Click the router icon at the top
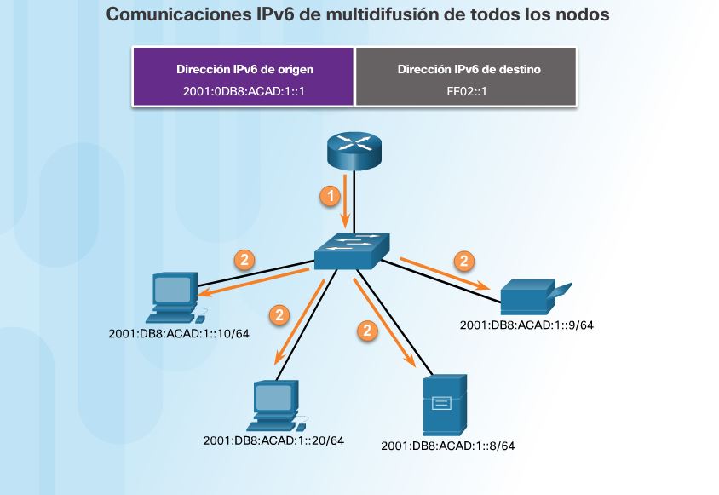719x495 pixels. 354,152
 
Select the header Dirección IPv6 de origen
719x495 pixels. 243,69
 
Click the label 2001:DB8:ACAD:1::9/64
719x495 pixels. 526,325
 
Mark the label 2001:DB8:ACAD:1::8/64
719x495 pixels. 448,445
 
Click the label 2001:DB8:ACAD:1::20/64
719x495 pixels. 273,440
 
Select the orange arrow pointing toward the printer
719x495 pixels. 446,274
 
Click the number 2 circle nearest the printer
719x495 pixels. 463,259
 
